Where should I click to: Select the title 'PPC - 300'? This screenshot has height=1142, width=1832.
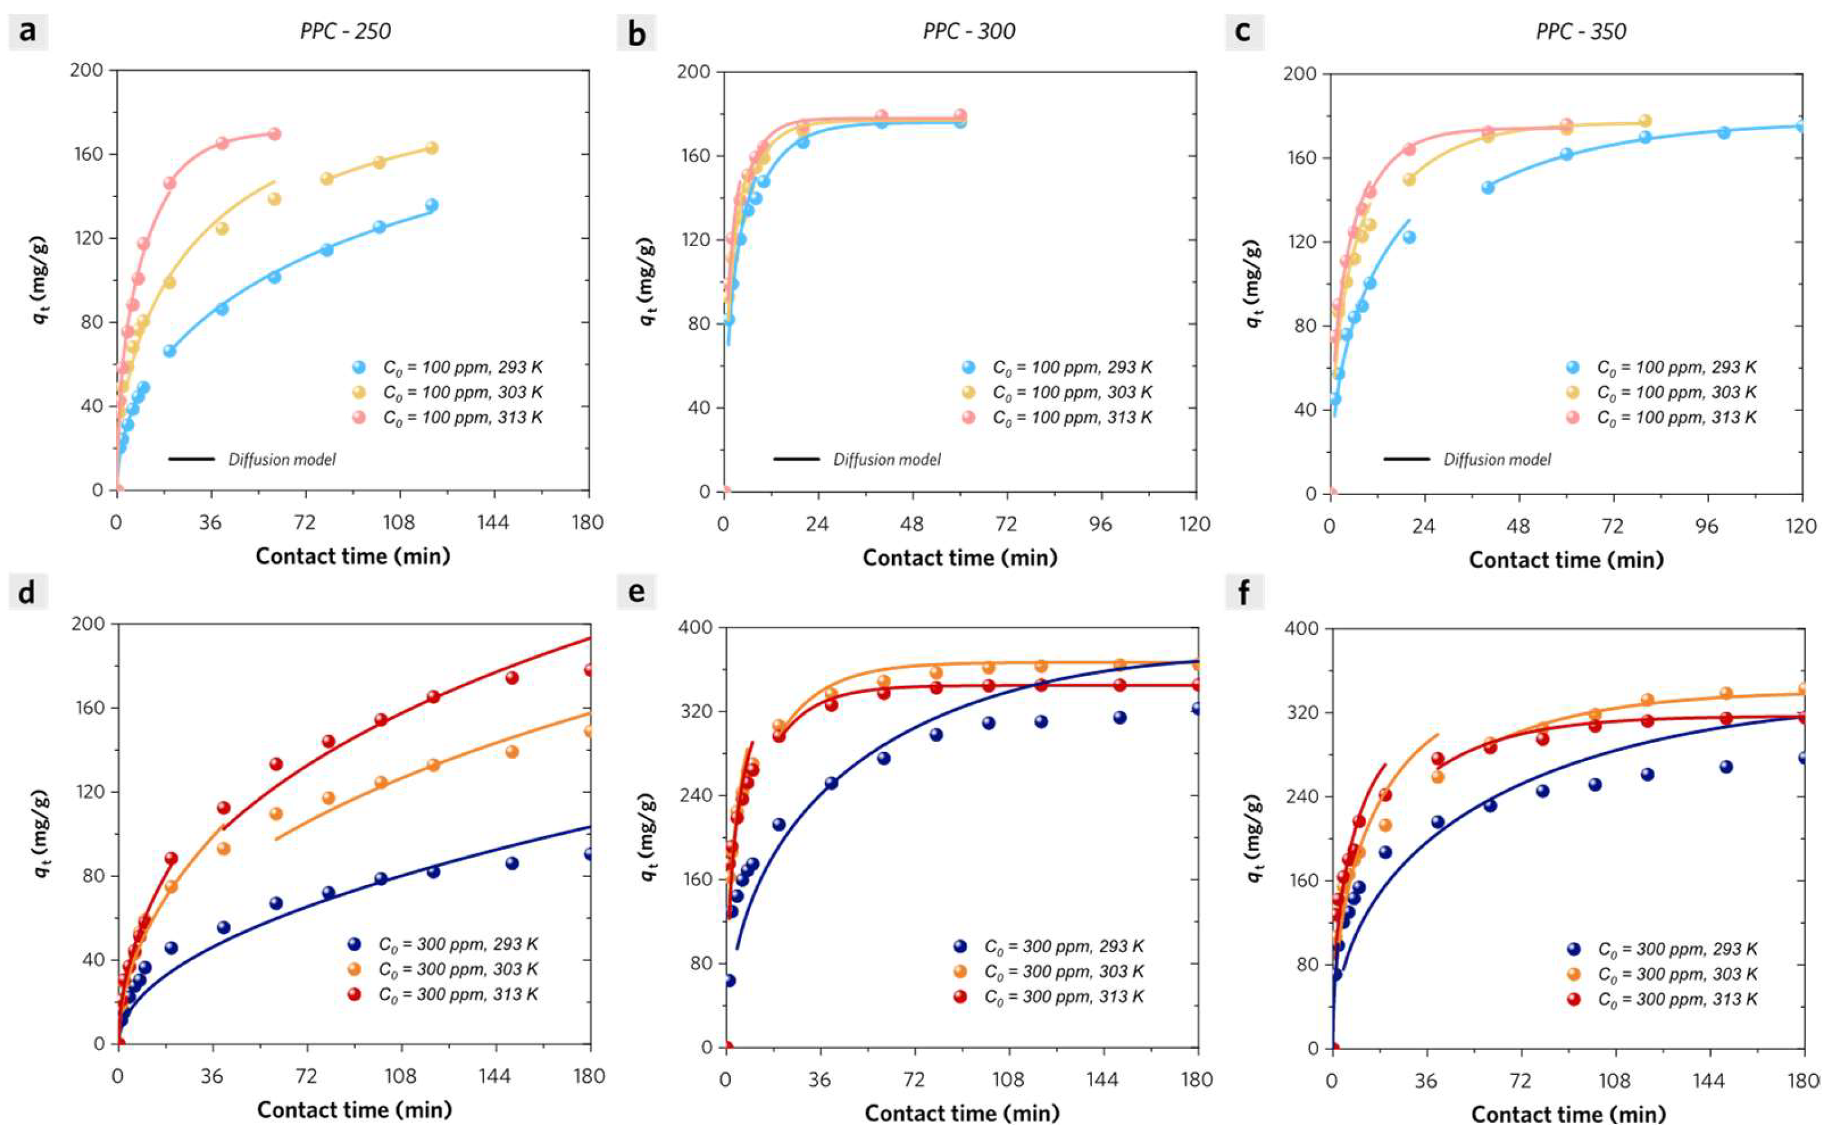click(969, 31)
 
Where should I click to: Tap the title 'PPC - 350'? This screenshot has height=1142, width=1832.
click(1581, 31)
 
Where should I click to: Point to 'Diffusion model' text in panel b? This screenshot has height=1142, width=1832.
click(887, 459)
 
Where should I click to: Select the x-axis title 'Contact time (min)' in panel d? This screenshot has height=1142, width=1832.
click(354, 1109)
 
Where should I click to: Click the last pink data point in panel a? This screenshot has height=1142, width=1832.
click(274, 134)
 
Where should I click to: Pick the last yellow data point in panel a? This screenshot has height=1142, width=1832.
click(431, 148)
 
